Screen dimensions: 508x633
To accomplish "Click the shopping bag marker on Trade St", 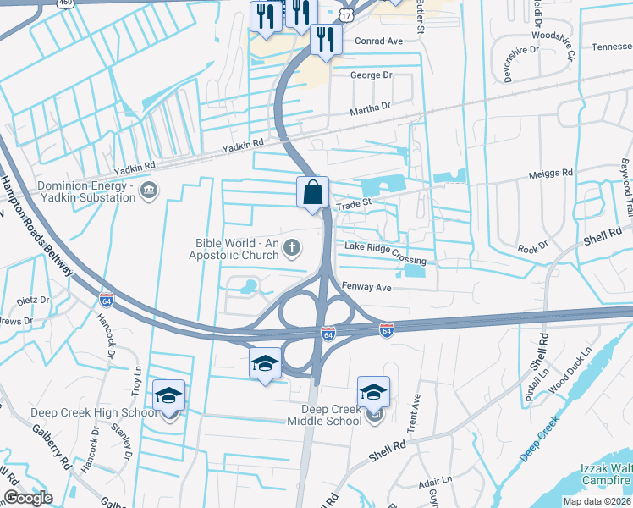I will (x=312, y=191).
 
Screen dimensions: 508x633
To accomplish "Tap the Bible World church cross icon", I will (x=292, y=248).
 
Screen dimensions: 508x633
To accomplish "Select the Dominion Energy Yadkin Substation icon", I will (x=150, y=190).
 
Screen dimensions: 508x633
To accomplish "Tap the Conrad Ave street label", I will (x=378, y=41).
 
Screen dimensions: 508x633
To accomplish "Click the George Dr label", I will (x=372, y=75).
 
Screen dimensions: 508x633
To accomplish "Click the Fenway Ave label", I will (x=366, y=288).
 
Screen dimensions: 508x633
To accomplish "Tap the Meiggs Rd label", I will (x=551, y=173).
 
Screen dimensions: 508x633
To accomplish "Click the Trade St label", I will (x=355, y=203).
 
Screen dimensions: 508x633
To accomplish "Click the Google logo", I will (x=28, y=498).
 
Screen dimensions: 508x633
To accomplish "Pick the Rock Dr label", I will (x=533, y=248).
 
